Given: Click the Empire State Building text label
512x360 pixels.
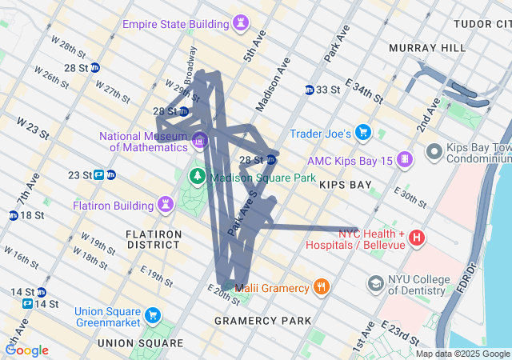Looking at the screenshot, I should [x=175, y=24].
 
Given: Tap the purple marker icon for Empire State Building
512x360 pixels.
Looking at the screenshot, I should [x=240, y=24].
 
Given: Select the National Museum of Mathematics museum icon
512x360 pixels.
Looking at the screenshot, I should [x=199, y=141].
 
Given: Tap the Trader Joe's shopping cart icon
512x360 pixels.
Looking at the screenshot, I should [x=363, y=132].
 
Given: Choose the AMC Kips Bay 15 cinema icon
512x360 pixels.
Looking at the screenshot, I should [x=406, y=161].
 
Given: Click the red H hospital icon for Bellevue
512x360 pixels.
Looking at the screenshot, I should [x=417, y=238].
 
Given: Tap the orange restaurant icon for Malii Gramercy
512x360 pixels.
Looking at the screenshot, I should [x=321, y=287].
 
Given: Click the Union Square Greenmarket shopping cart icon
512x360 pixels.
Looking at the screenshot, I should [x=151, y=317].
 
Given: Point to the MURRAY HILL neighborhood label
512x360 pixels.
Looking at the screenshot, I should [x=426, y=48].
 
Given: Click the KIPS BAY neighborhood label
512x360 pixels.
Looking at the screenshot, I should [x=345, y=185].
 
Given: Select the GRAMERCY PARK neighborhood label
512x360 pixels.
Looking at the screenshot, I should [x=262, y=321].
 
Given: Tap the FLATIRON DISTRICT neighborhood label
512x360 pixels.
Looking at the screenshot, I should [x=154, y=241].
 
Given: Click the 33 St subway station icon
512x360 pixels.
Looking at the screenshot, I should [x=310, y=90].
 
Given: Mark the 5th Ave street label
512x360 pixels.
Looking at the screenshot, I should [x=253, y=49].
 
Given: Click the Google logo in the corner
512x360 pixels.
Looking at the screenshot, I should [x=26, y=350].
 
